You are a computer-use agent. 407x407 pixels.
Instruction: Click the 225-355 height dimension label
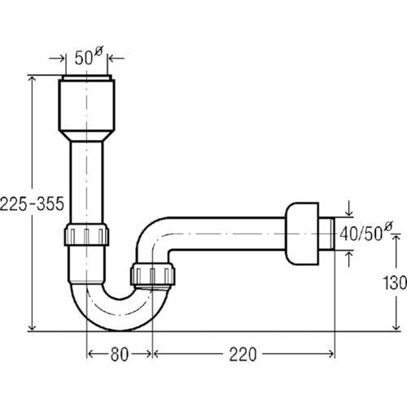(32, 203)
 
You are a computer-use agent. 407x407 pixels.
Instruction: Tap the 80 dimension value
(120, 354)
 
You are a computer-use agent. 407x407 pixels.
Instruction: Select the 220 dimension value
(243, 354)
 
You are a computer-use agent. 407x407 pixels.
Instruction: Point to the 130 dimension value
(395, 282)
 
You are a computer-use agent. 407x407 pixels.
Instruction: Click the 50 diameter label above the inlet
(85, 56)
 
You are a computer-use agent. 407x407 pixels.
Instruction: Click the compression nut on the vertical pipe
(86, 234)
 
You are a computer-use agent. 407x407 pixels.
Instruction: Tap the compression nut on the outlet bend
(153, 274)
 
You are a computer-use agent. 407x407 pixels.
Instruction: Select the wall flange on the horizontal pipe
(302, 234)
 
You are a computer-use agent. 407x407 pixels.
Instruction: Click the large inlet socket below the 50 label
(86, 104)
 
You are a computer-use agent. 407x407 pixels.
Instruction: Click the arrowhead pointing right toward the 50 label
(61, 58)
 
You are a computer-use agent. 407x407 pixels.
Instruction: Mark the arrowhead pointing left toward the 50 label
(112, 58)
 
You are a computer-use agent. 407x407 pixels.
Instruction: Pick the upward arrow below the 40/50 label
(349, 259)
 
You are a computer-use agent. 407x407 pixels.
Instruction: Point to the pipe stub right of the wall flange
(326, 234)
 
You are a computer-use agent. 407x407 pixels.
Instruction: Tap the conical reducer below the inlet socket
(86, 136)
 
